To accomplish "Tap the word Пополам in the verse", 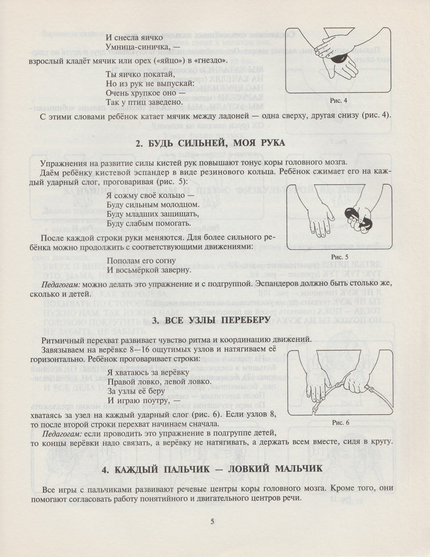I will click(124, 260).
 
